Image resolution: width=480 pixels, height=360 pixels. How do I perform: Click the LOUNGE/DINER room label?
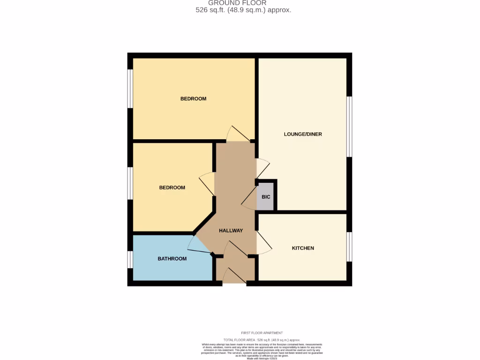(303, 134)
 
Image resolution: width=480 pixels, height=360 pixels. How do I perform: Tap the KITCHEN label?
(303, 248)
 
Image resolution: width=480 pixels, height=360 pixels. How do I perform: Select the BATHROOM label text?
(172, 259)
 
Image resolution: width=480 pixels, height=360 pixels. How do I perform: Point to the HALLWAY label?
(231, 231)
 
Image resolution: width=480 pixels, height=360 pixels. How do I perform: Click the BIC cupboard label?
(266, 197)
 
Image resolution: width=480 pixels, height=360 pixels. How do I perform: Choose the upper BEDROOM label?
(193, 99)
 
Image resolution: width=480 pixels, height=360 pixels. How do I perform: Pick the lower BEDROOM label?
(172, 187)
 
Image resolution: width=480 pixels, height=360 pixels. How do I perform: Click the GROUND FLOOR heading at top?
(237, 3)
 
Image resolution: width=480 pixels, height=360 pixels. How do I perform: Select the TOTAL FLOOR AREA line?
(262, 339)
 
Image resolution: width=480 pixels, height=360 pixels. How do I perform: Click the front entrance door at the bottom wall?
(234, 277)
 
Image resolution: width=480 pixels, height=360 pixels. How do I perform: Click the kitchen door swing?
(263, 244)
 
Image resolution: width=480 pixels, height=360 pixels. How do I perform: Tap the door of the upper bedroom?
(238, 134)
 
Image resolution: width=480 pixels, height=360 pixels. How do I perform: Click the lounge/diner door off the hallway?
(262, 168)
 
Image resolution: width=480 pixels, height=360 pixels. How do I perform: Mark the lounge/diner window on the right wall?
(349, 127)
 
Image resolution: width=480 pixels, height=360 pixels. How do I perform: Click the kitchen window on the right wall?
(349, 247)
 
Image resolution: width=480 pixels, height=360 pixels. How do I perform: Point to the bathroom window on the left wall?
(130, 259)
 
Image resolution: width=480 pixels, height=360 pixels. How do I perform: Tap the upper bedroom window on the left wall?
(130, 89)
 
